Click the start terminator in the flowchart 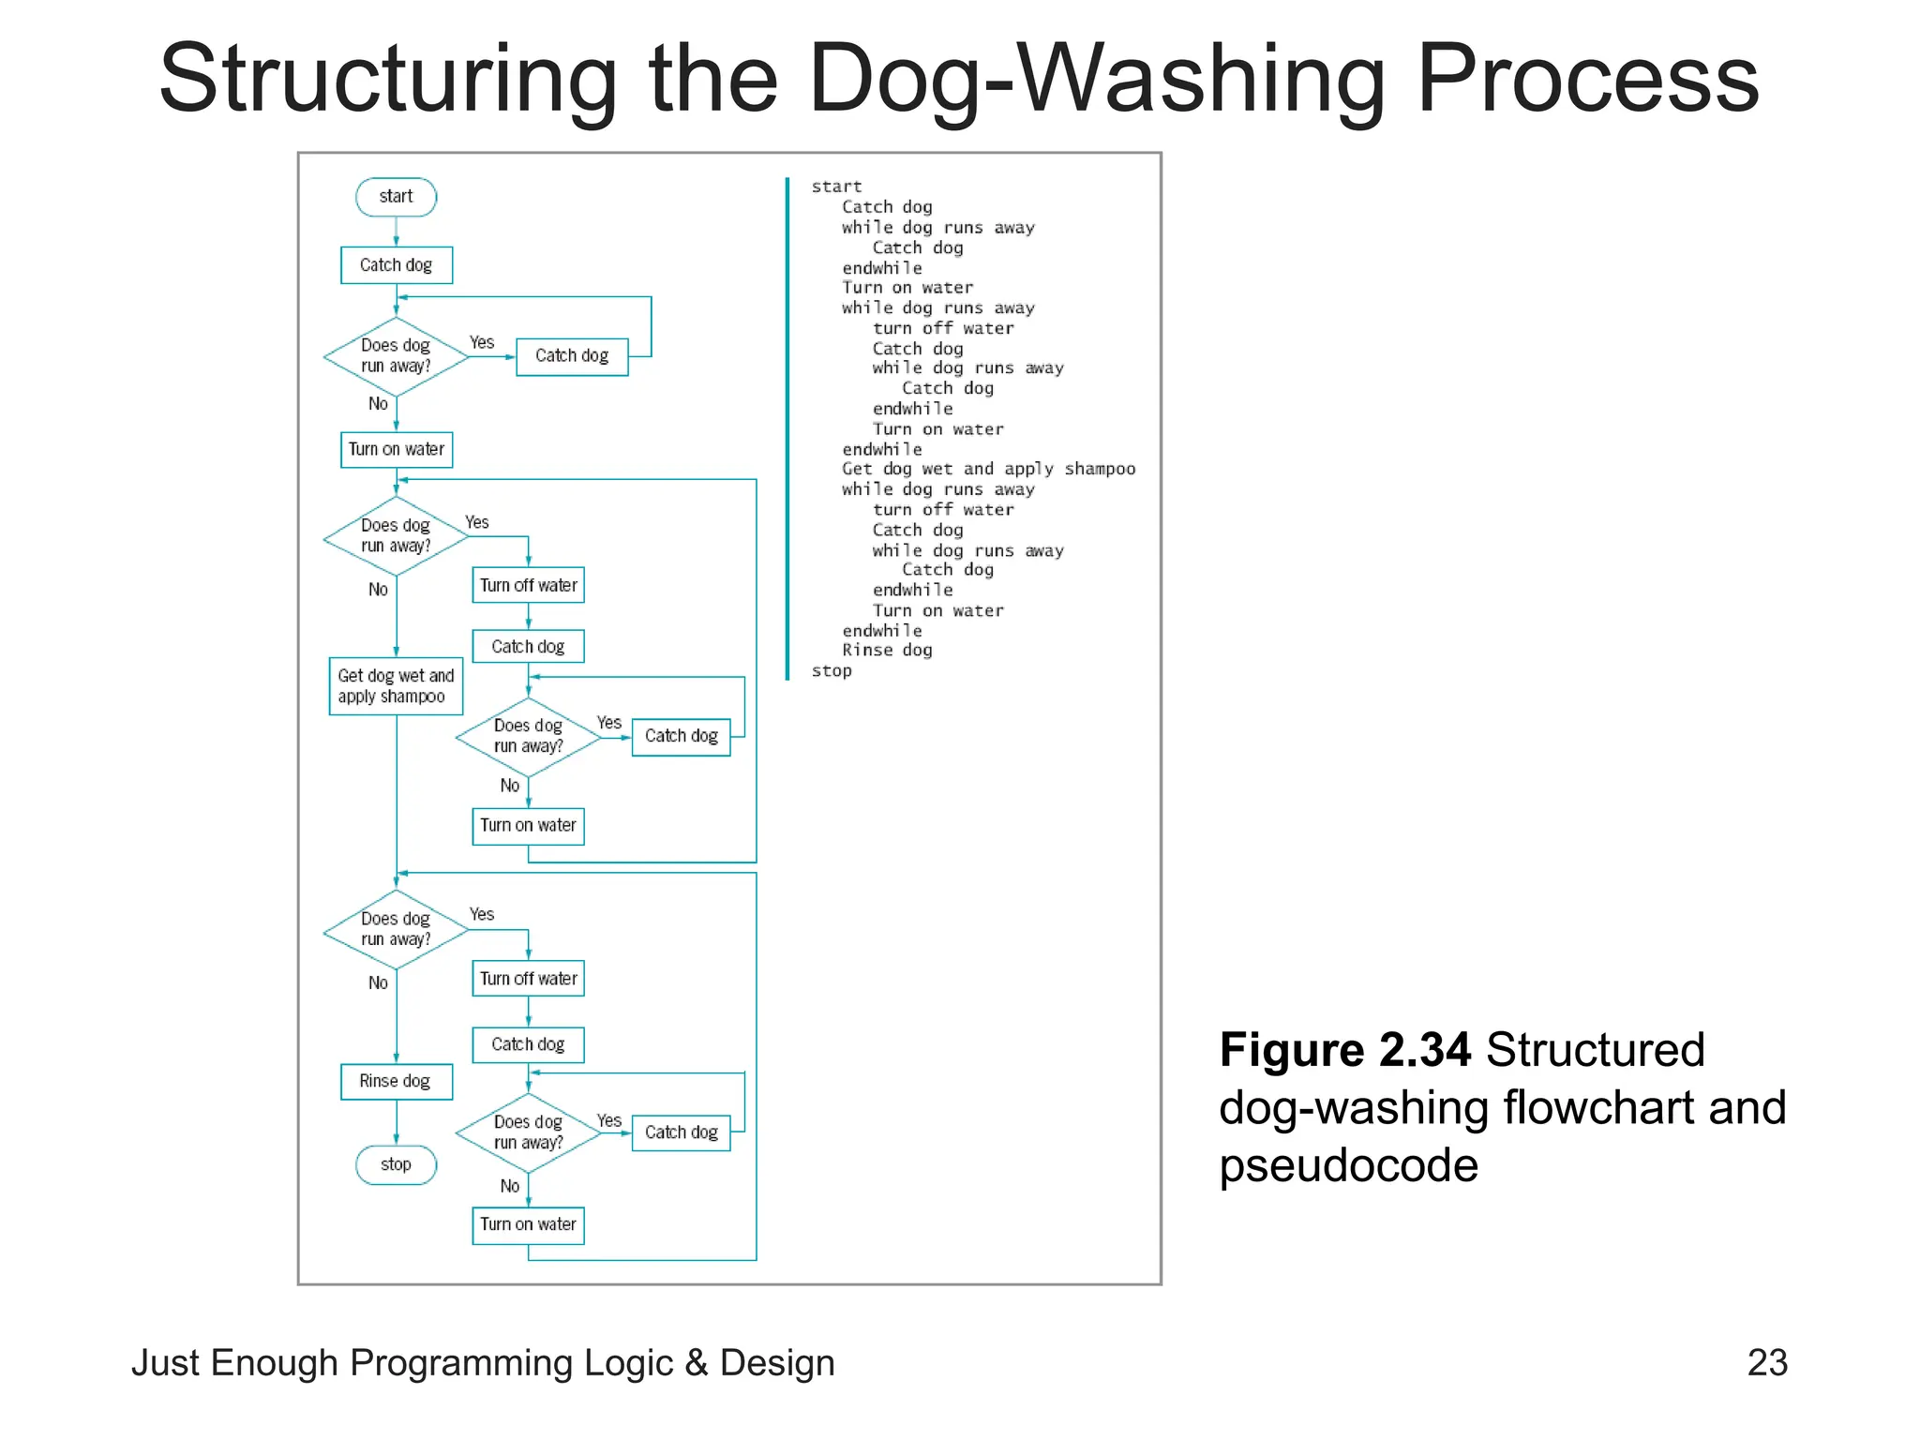pyautogui.click(x=396, y=197)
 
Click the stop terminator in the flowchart pyautogui.click(x=396, y=1164)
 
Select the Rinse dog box pyautogui.click(x=396, y=1081)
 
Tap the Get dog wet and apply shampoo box pyautogui.click(x=396, y=686)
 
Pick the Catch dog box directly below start pyautogui.click(x=396, y=265)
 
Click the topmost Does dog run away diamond pyautogui.click(x=396, y=356)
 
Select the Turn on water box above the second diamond pyautogui.click(x=396, y=449)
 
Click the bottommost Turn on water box pyautogui.click(x=528, y=1224)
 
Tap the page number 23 pyautogui.click(x=1767, y=1362)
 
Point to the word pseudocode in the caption pyautogui.click(x=1348, y=1165)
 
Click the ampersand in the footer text pyautogui.click(x=696, y=1363)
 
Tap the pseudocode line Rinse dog pyautogui.click(x=887, y=651)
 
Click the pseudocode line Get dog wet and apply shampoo pyautogui.click(x=988, y=469)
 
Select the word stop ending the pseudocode pyautogui.click(x=832, y=671)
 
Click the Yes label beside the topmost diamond pyautogui.click(x=482, y=342)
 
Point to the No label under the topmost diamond pyautogui.click(x=378, y=403)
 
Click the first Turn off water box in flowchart pyautogui.click(x=528, y=585)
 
